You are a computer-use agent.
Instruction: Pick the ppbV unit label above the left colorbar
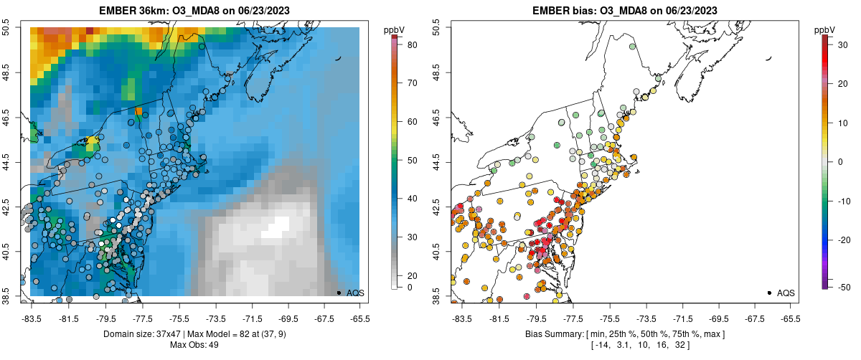(395, 29)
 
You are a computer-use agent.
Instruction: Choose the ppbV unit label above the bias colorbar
(825, 29)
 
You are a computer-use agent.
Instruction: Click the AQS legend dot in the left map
(339, 293)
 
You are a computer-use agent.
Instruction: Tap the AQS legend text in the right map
(786, 293)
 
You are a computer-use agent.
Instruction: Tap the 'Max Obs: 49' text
(194, 346)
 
